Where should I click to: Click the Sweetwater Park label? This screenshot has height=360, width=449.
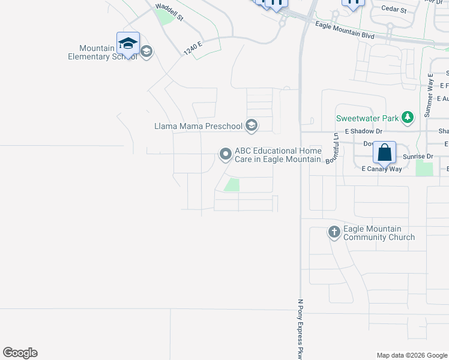pos(367,118)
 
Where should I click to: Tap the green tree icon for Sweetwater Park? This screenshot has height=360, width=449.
pos(408,118)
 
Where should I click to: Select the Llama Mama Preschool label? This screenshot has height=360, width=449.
pos(197,126)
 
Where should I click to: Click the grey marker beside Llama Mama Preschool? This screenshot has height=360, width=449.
pos(252,125)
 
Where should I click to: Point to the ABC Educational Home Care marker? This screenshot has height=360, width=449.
pos(225,154)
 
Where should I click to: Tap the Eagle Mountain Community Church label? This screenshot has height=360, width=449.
pos(379,233)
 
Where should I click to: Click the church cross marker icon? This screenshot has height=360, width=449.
pos(334,232)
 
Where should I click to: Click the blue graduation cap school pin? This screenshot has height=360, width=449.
pos(128,44)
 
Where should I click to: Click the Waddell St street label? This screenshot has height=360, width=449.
pos(169,13)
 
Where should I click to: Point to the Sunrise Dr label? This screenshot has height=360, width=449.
pos(418,156)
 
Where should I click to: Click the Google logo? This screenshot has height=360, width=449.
pos(20,353)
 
